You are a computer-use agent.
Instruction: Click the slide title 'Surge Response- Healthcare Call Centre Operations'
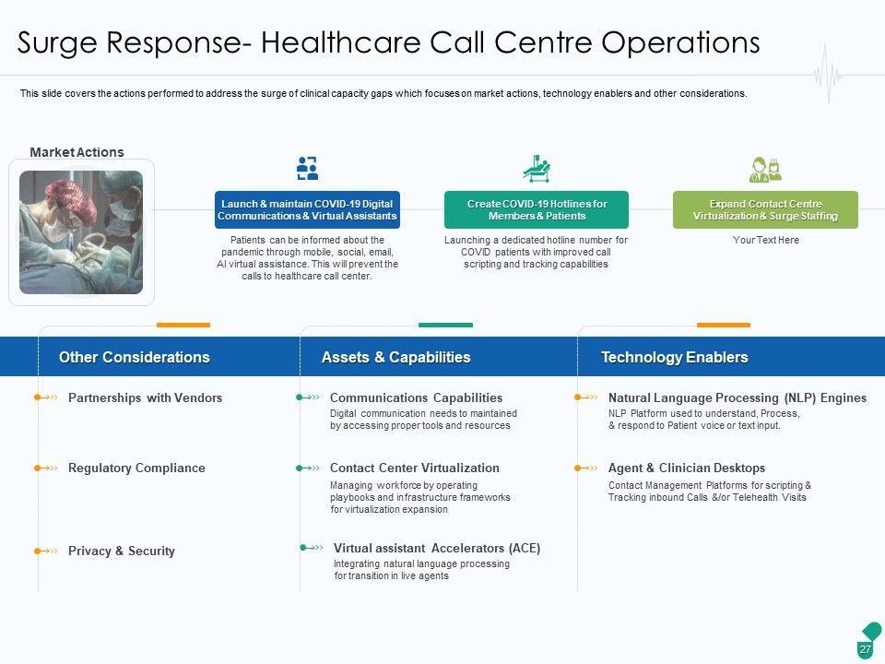click(x=389, y=42)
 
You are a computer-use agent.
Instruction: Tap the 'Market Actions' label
click(x=77, y=152)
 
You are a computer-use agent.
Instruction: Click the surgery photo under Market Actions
click(x=81, y=231)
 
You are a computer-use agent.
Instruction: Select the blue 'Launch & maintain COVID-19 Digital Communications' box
click(x=307, y=209)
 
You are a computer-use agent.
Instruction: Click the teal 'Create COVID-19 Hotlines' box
click(x=537, y=209)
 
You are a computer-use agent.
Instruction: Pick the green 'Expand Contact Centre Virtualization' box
click(x=765, y=209)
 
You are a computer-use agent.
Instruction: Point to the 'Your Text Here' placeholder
click(x=765, y=240)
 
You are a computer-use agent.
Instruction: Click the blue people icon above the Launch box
click(x=307, y=168)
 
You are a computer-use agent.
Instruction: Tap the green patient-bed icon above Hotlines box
click(x=536, y=169)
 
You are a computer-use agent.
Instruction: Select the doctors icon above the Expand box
click(x=765, y=169)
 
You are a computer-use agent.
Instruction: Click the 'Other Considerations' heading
click(x=134, y=357)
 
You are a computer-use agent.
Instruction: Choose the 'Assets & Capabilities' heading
click(x=395, y=357)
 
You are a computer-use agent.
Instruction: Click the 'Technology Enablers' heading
click(x=674, y=357)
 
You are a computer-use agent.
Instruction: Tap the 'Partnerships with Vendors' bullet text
click(x=145, y=397)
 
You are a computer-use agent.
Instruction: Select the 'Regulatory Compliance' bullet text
click(x=136, y=468)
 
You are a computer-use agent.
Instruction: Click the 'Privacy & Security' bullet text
click(x=121, y=551)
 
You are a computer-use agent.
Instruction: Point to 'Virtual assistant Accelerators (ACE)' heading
click(x=436, y=548)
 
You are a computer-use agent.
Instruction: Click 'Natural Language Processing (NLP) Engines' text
click(x=737, y=397)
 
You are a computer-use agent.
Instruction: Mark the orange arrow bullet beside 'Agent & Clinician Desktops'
click(x=586, y=468)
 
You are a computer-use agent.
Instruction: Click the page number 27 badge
click(x=865, y=649)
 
